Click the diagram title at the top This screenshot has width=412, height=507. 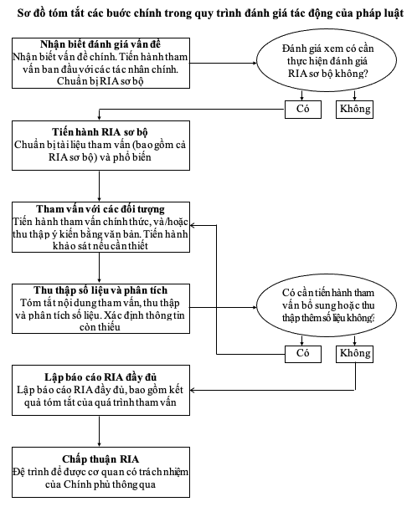tap(210, 13)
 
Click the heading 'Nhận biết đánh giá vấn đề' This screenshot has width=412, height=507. tap(100, 44)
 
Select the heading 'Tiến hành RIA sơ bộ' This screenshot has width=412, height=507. tap(100, 132)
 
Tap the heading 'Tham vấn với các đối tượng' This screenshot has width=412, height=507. tap(100, 209)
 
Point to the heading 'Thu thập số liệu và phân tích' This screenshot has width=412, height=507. tap(100, 290)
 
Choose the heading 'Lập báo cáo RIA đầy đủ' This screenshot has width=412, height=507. tap(100, 377)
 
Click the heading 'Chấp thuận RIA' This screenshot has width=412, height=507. tap(100, 459)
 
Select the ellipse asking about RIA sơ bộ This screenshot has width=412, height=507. tap(327, 60)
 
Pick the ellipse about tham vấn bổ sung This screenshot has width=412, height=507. tap(327, 305)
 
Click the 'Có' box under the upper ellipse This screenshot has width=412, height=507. tap(303, 110)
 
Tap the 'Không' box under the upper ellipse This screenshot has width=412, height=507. tap(354, 110)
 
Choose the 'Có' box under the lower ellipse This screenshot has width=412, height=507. tap(303, 354)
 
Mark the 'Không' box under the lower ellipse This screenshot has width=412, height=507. tap(354, 354)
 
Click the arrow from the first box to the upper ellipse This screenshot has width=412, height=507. tap(223, 63)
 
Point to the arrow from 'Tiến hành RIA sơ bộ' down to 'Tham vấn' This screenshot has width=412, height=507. tap(99, 187)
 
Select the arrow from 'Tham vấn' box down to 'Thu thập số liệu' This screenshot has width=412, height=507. tap(99, 268)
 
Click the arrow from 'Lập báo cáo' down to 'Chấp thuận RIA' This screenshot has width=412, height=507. tap(99, 431)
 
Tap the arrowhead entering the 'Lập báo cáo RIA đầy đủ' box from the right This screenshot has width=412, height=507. tap(193, 390)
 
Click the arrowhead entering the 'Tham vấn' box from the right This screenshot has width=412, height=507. tap(193, 225)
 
